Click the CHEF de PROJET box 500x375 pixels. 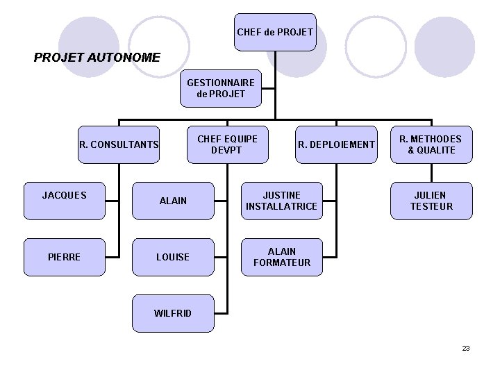(274, 32)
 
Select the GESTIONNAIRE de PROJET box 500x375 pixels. (221, 87)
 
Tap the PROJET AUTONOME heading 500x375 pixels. (97, 57)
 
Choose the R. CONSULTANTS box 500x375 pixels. (119, 145)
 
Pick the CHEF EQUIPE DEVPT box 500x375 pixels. (227, 144)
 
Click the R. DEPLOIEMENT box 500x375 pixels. (336, 144)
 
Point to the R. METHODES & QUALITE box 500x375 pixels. (431, 144)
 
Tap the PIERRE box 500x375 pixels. (64, 257)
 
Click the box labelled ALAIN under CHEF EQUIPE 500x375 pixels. (173, 201)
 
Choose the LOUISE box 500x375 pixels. (173, 257)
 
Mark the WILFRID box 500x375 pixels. (173, 313)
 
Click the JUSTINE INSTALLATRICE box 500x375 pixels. (281, 201)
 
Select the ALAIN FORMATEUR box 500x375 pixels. (281, 257)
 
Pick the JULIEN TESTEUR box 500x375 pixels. (431, 201)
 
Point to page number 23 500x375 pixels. (466, 348)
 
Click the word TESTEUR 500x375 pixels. (431, 206)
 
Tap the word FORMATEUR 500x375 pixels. (281, 262)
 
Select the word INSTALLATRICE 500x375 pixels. (281, 206)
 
